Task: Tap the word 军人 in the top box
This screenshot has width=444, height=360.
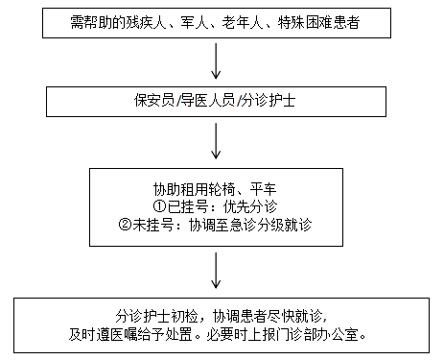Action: tap(207, 20)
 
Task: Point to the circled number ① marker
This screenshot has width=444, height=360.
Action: tap(159, 205)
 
